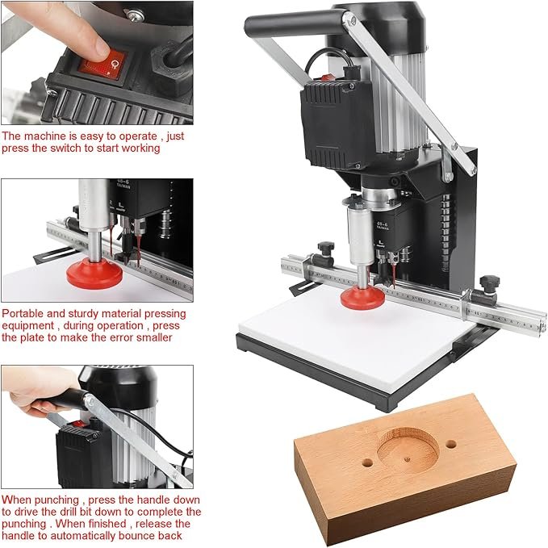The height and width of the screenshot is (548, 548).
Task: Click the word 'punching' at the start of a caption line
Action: tap(23, 524)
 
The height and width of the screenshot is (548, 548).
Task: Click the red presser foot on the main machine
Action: tap(362, 297)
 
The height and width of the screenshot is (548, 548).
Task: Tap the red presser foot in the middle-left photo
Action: tap(94, 273)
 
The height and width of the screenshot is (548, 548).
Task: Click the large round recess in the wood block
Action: tap(408, 449)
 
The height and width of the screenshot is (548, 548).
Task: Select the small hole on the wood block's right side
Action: tap(451, 445)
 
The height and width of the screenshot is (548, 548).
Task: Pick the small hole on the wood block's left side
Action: tap(367, 462)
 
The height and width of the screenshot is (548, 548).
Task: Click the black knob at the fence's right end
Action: tap(489, 282)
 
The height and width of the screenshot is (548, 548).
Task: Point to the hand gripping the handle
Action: tap(40, 391)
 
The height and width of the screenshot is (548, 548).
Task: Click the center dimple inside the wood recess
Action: tap(407, 459)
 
